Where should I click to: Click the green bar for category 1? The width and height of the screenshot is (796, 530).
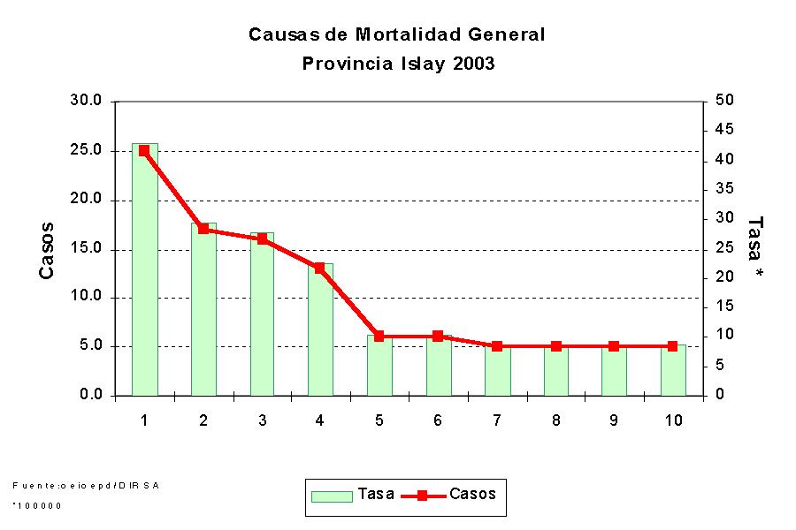[144, 269]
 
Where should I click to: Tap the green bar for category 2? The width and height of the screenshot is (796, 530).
[203, 309]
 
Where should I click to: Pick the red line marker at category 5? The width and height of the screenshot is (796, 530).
[379, 336]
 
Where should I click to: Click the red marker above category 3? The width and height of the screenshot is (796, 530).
[262, 238]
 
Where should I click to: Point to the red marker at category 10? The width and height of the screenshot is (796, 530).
[672, 346]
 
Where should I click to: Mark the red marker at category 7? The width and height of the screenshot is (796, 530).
[496, 346]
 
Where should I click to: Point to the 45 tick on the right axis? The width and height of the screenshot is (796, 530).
[724, 130]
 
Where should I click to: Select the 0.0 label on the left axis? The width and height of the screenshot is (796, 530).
[90, 395]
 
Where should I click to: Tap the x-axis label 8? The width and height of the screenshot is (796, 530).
[555, 420]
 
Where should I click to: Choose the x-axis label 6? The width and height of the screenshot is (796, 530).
[438, 420]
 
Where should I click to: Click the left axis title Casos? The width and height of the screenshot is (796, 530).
[47, 250]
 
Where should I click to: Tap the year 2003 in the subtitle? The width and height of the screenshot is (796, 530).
[471, 64]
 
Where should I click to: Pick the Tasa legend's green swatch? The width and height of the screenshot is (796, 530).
[332, 496]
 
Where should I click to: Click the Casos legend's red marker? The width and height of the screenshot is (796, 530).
[424, 496]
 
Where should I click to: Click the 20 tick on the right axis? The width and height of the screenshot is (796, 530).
[724, 276]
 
